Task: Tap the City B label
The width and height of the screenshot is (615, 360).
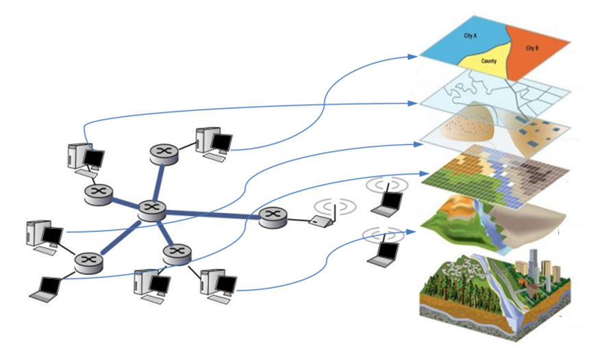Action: [533, 49]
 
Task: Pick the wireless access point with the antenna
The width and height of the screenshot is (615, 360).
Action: [320, 221]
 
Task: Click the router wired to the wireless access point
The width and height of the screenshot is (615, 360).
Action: [272, 217]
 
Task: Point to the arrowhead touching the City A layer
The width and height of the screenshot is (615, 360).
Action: [414, 55]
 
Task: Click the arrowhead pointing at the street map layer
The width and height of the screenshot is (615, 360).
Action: [414, 103]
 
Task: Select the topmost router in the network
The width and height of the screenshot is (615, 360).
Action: [165, 151]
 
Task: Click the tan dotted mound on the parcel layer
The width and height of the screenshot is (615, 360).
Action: [472, 126]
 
